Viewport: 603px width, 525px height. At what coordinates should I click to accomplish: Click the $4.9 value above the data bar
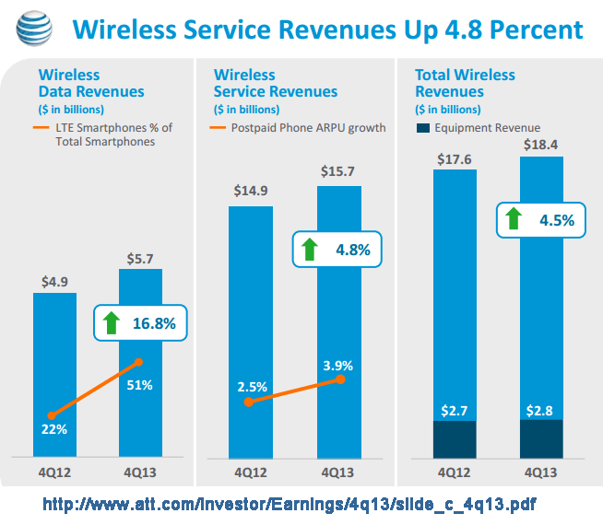click(x=54, y=280)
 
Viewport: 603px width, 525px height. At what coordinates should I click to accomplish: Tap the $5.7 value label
click(x=140, y=257)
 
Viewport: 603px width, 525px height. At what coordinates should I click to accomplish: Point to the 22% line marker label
click(x=53, y=429)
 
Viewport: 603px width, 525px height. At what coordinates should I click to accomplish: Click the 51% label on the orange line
click(x=140, y=384)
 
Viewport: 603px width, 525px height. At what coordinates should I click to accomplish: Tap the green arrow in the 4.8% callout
click(x=311, y=249)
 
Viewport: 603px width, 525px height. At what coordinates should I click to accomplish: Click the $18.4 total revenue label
click(x=540, y=144)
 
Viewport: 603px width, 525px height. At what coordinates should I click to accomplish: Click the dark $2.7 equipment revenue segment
click(x=455, y=438)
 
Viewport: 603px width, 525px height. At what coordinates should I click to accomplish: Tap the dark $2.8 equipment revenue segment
click(x=541, y=438)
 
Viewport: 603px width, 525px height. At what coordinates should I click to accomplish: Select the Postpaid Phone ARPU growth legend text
click(x=309, y=128)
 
